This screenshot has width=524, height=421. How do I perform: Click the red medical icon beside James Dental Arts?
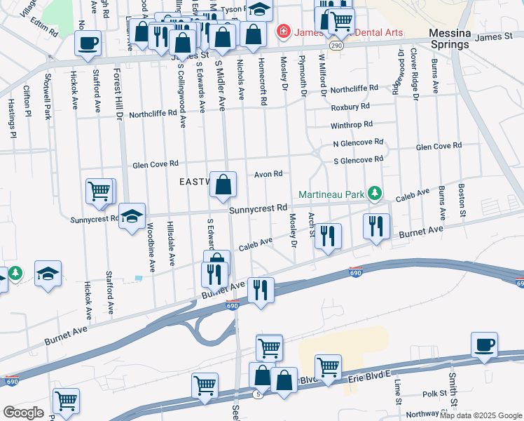[x=282, y=31]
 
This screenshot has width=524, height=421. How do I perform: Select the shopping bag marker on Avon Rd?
[x=223, y=186]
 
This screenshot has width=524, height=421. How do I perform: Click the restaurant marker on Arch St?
[x=327, y=237]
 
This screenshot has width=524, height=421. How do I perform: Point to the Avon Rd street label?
[x=268, y=174]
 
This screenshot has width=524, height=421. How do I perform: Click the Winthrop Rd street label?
[x=352, y=124]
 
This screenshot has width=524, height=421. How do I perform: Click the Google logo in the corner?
[x=23, y=413]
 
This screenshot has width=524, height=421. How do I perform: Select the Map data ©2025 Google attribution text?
[x=481, y=415]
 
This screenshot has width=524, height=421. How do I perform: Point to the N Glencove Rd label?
[x=358, y=142]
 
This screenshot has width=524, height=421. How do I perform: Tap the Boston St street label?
[x=461, y=199]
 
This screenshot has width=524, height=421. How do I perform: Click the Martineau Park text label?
[x=332, y=194]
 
